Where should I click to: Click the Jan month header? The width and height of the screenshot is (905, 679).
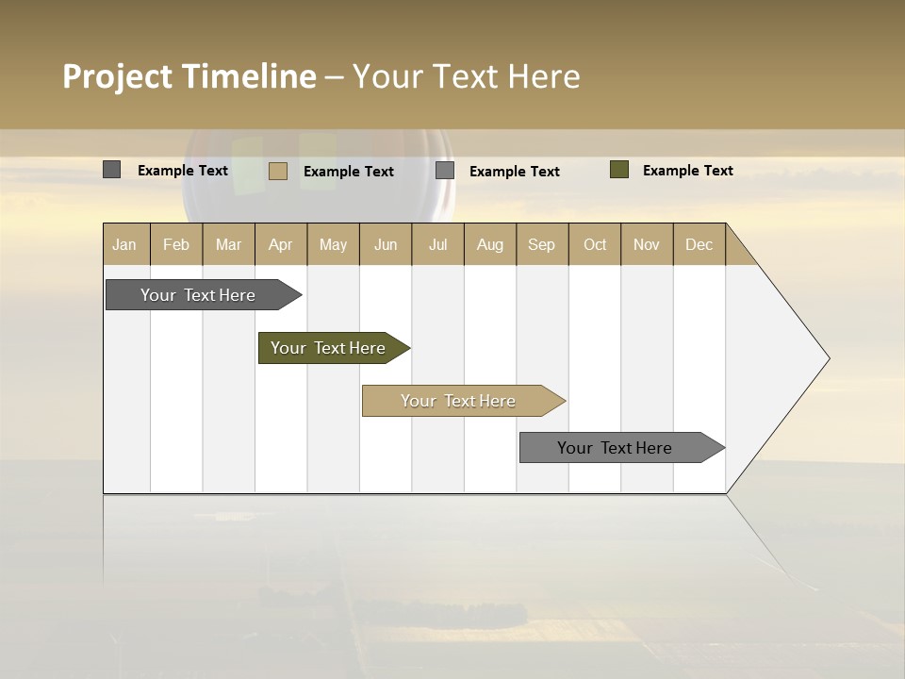[124, 244]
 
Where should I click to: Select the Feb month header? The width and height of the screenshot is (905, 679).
[176, 244]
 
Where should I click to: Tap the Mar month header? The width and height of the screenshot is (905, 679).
[228, 244]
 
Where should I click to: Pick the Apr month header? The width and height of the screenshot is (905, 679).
[280, 244]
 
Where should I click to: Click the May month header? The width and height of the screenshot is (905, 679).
[333, 244]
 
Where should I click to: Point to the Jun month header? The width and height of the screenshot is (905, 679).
[386, 244]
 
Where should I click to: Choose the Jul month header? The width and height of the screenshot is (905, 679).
[437, 244]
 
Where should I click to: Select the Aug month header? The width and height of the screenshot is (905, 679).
[489, 244]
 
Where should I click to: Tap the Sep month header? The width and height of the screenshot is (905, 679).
[541, 244]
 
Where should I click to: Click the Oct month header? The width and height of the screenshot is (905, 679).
[595, 244]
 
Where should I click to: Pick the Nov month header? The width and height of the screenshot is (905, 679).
[647, 244]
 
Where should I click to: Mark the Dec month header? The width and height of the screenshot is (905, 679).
[699, 244]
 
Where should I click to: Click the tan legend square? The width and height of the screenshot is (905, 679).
[278, 171]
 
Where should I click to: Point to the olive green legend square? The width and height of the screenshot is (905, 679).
[619, 170]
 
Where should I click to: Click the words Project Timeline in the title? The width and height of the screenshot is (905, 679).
[189, 76]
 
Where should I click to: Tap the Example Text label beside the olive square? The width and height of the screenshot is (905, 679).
[687, 171]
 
